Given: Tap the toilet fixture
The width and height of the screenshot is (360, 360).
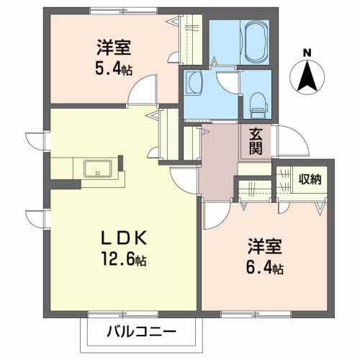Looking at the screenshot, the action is pos(258,105).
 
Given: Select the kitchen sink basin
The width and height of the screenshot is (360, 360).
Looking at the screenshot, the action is pos(97,168).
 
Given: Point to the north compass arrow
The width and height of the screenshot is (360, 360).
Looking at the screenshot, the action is pos(307,77).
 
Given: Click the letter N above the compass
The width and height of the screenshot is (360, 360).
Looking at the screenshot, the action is pos(307,53).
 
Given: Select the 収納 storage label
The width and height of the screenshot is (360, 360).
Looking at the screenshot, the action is pos(310,179).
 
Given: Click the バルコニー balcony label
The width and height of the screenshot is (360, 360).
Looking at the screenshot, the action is pos(141,332).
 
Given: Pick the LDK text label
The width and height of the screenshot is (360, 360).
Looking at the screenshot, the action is pos(124,238).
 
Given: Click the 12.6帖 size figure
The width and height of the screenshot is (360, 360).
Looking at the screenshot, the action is pos(124,259).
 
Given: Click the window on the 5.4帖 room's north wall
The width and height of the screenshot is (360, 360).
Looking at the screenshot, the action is pos(123,11).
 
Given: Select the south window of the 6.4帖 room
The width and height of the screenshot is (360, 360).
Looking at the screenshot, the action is pos(256,314).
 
